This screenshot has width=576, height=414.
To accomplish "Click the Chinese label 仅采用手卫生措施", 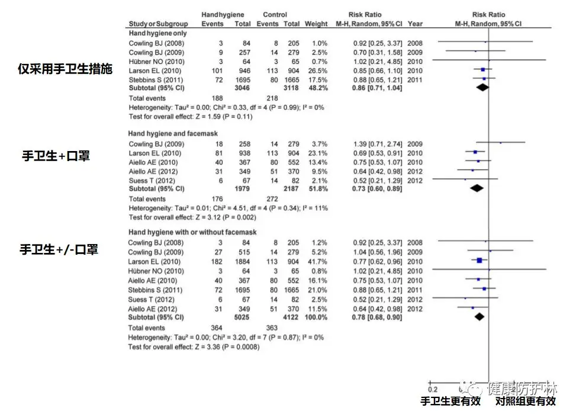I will (x=65, y=69).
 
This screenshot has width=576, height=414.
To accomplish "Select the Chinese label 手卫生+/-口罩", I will (x=59, y=249).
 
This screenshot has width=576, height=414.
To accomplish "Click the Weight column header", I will (x=316, y=24).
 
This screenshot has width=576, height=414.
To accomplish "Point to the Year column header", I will (x=415, y=24).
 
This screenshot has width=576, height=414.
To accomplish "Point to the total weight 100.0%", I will (x=316, y=317).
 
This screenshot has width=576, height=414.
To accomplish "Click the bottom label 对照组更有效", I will (x=526, y=401).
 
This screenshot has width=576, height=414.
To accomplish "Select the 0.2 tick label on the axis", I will (x=432, y=389).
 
